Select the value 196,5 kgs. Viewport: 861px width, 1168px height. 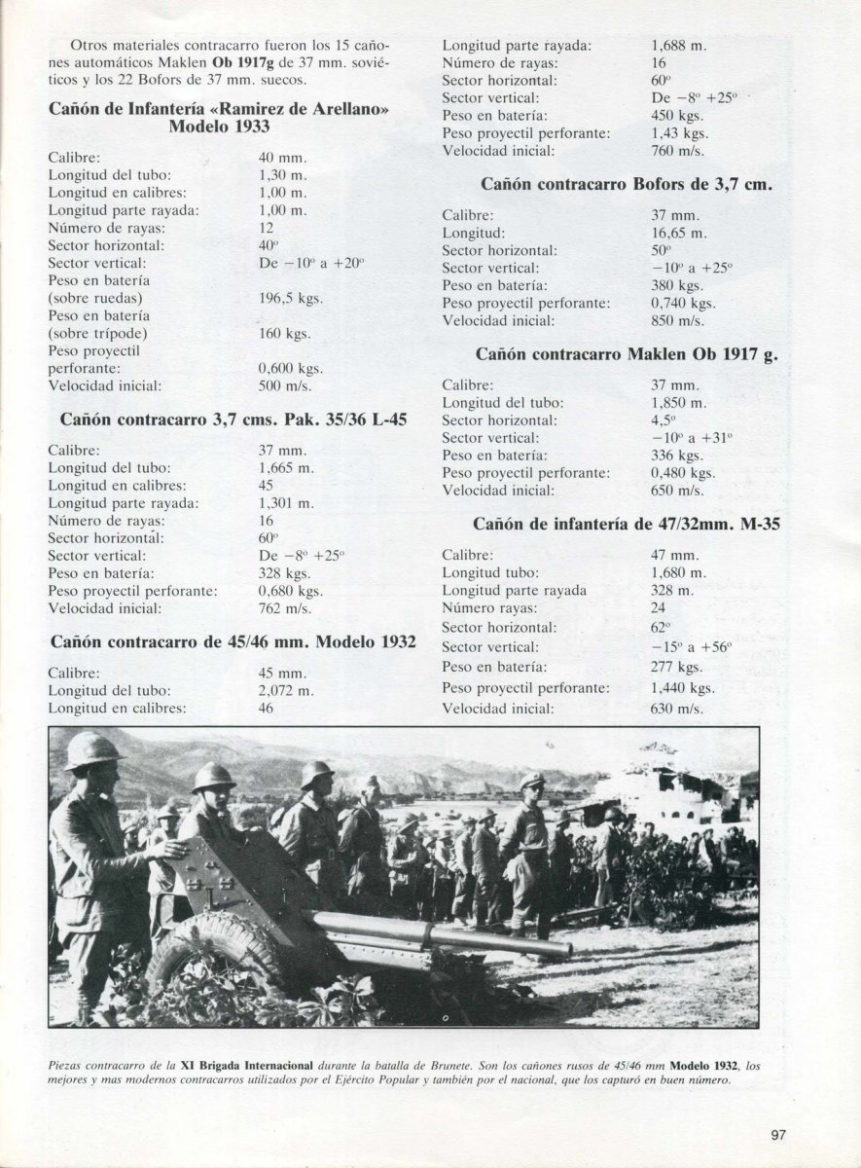click(291, 299)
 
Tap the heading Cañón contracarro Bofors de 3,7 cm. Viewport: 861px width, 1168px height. click(626, 183)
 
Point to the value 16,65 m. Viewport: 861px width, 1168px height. click(679, 233)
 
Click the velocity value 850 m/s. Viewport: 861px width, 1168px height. click(677, 320)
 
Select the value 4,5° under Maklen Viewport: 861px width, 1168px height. click(664, 420)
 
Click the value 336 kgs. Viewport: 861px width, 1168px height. click(676, 456)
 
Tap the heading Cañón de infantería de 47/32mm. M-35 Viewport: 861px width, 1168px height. click(627, 524)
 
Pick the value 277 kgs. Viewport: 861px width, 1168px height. click(676, 668)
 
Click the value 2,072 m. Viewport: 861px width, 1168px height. click(286, 691)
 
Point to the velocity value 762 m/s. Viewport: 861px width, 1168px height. click(285, 608)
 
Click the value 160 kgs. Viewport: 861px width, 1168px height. click(285, 334)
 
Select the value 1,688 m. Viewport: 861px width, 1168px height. click(678, 45)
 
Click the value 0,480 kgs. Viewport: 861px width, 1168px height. click(682, 473)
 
